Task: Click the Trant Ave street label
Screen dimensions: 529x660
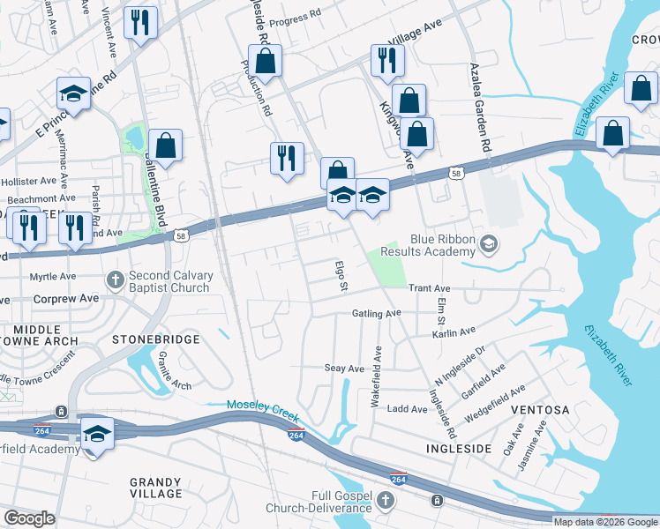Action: [430, 288]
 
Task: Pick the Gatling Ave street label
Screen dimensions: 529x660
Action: [377, 313]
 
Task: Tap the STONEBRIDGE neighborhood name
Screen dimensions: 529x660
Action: [156, 339]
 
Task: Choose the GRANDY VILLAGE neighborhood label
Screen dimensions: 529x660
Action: [155, 489]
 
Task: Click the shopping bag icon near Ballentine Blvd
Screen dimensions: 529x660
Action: [165, 144]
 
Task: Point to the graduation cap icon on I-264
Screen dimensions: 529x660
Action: [97, 434]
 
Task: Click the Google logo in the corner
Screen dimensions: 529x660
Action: [29, 518]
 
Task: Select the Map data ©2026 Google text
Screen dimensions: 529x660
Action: [605, 522]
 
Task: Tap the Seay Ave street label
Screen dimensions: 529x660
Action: [344, 369]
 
